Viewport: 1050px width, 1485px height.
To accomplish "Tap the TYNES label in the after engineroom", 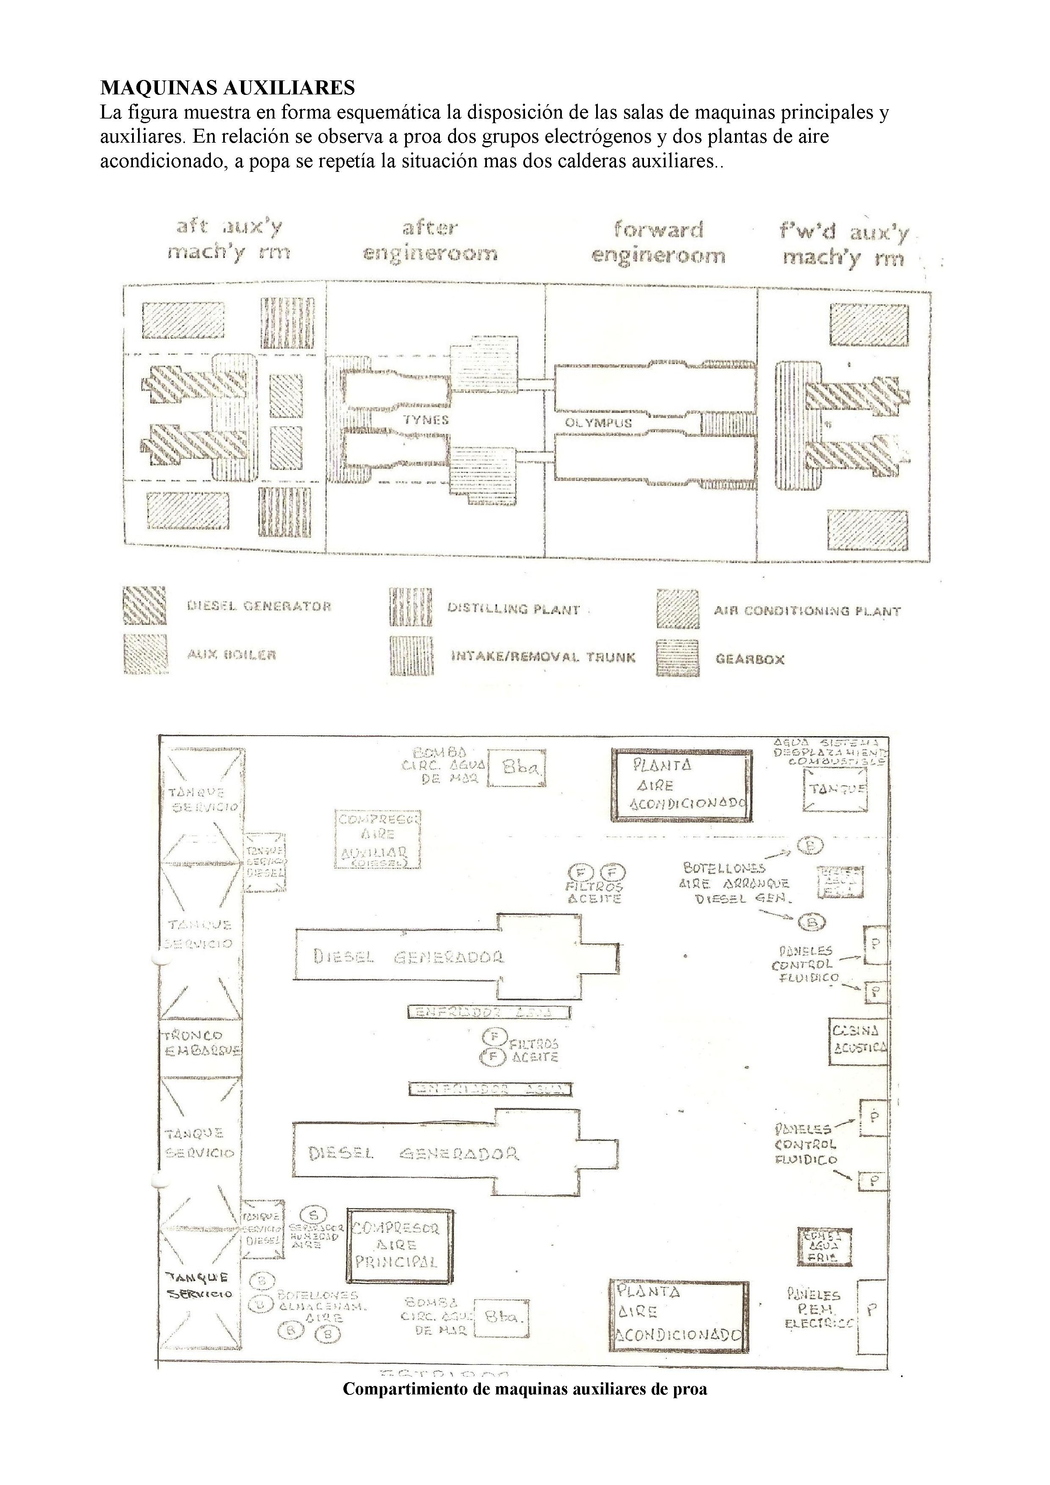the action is click(426, 420).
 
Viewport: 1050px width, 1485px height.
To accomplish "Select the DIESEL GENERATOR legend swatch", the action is click(144, 605).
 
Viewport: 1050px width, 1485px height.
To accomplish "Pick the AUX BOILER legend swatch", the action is click(144, 654).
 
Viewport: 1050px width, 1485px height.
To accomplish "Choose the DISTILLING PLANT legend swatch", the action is click(410, 608).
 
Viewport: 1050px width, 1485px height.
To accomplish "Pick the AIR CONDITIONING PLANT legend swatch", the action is click(677, 609).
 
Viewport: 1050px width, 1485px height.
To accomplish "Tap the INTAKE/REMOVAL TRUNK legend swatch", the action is click(410, 657).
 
